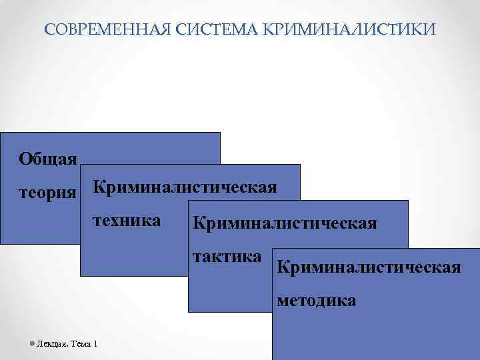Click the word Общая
pyautogui.click(x=48, y=158)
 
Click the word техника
pyautogui.click(x=127, y=221)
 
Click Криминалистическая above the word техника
pyautogui.click(x=185, y=187)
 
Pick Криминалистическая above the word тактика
pyautogui.click(x=285, y=222)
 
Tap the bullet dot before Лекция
pyautogui.click(x=33, y=344)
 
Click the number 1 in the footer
pyautogui.click(x=96, y=344)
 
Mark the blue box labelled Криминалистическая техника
pyautogui.click(x=133, y=253)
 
